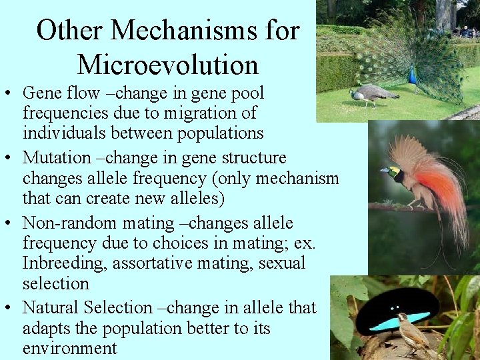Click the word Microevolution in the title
coord(167,64)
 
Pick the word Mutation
coord(57,158)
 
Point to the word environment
coord(69,348)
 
